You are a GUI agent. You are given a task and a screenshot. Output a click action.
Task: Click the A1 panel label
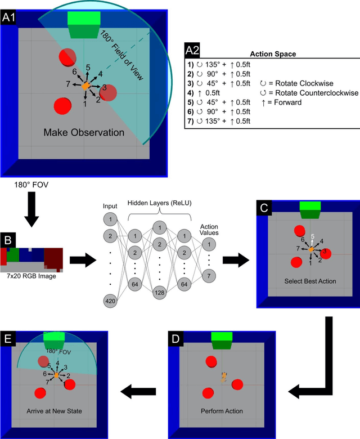point(9,17)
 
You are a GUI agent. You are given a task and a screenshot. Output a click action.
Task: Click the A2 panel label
point(193,50)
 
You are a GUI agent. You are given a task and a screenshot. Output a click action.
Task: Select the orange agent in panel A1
point(85,86)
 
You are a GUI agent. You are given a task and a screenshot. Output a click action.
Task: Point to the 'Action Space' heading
point(273,54)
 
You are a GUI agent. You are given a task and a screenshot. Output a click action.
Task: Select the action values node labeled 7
point(208,275)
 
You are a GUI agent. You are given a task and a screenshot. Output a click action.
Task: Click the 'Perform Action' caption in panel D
point(222,410)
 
